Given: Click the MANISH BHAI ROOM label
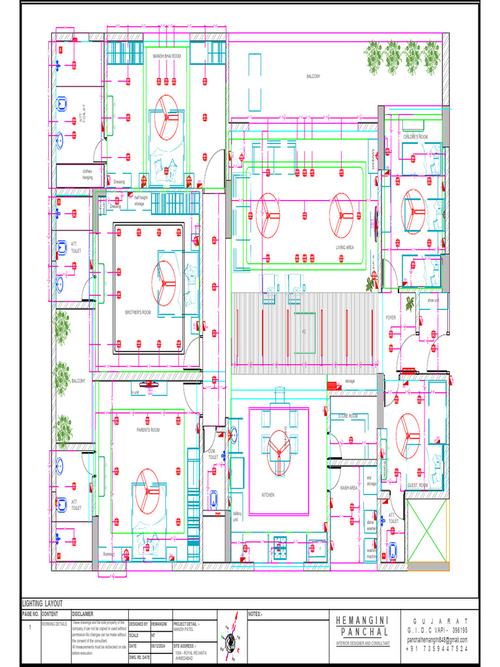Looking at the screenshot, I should click(167, 57).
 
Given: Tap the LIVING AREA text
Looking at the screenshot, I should click(344, 248).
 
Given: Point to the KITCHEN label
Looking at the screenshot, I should click(268, 495).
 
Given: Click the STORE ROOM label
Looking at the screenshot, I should click(348, 416).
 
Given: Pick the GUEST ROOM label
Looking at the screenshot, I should click(417, 485).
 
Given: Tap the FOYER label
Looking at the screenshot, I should click(391, 317).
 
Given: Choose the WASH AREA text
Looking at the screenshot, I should click(349, 487).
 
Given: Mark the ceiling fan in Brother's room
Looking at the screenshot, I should click(165, 281).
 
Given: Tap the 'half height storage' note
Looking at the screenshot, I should click(139, 201).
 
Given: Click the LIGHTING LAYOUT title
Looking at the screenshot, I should click(43, 604).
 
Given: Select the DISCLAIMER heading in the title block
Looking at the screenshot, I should click(82, 614).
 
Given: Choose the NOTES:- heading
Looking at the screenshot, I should click(255, 614).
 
